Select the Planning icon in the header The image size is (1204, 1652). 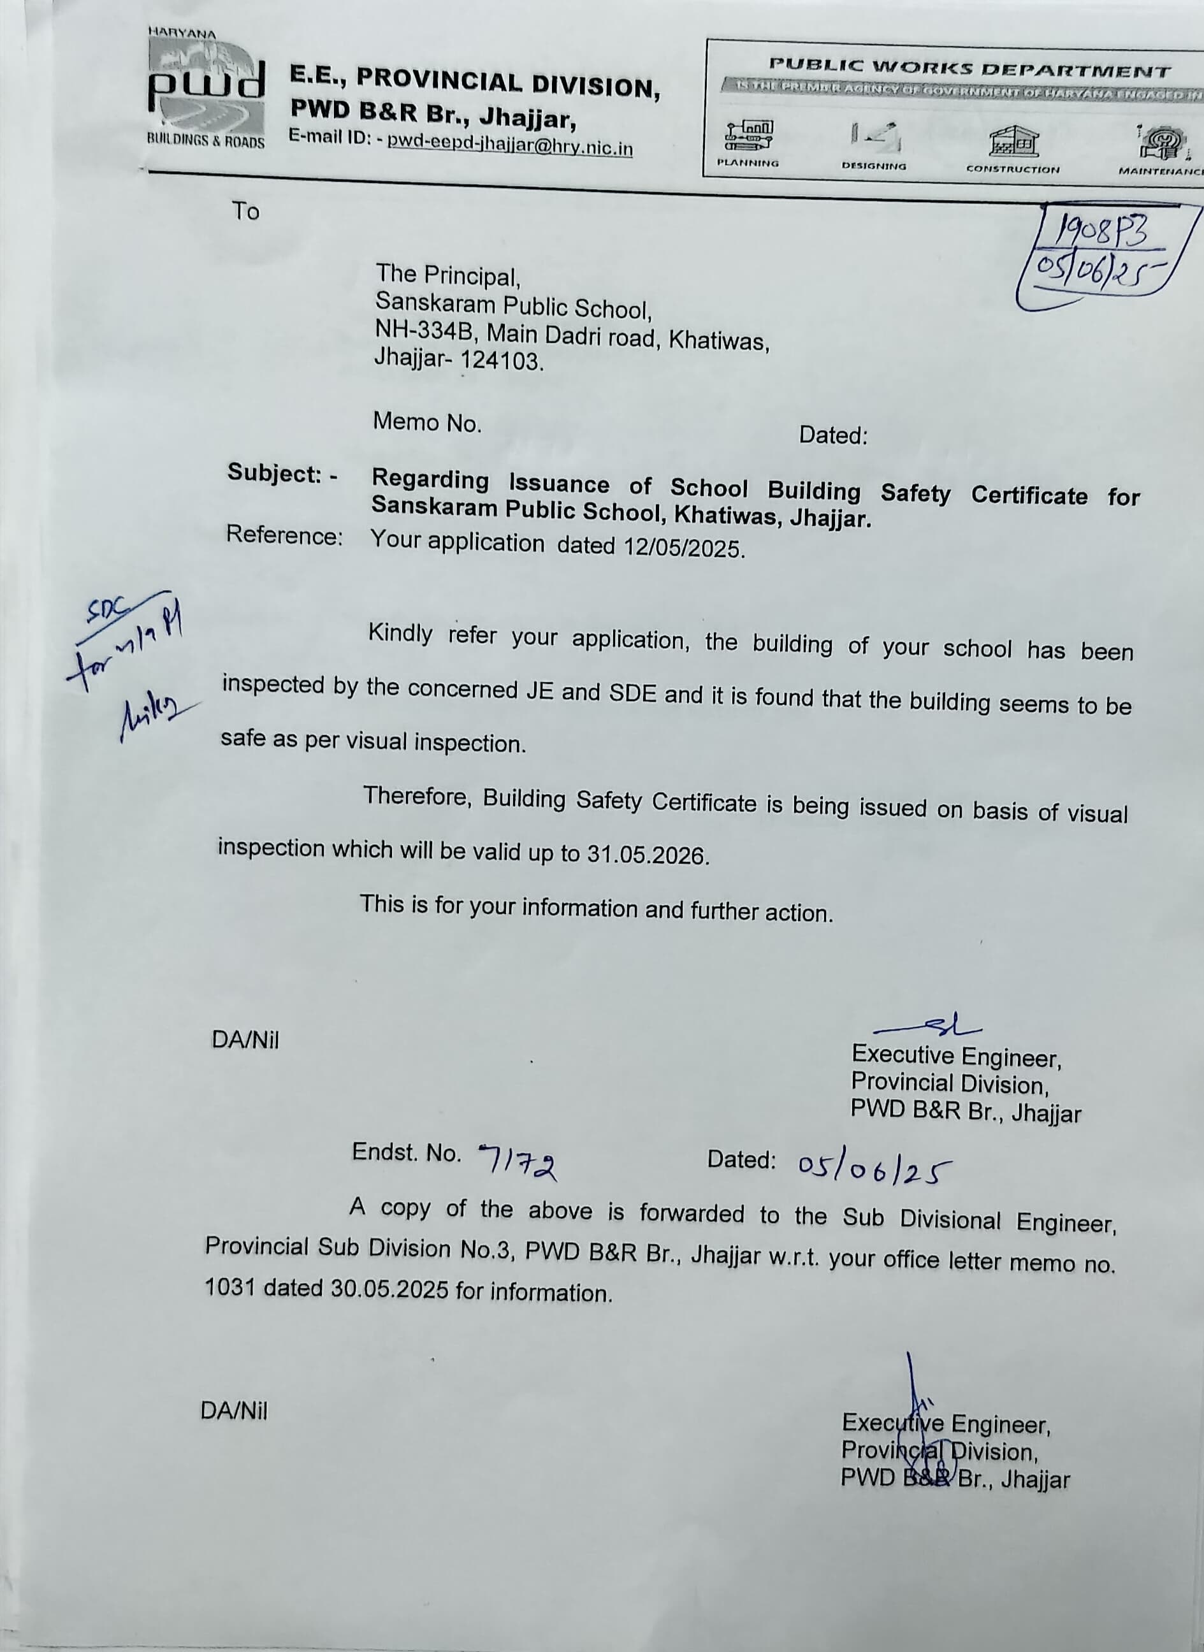(x=748, y=135)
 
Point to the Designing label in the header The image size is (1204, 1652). (x=874, y=166)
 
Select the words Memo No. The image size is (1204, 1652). (x=427, y=422)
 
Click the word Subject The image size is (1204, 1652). (x=274, y=473)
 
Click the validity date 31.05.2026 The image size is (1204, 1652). (x=647, y=854)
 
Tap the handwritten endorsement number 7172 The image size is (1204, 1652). (x=518, y=1158)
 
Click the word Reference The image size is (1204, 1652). (x=284, y=535)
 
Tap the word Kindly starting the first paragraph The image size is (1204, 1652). (x=400, y=632)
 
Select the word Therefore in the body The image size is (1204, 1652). (x=418, y=796)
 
